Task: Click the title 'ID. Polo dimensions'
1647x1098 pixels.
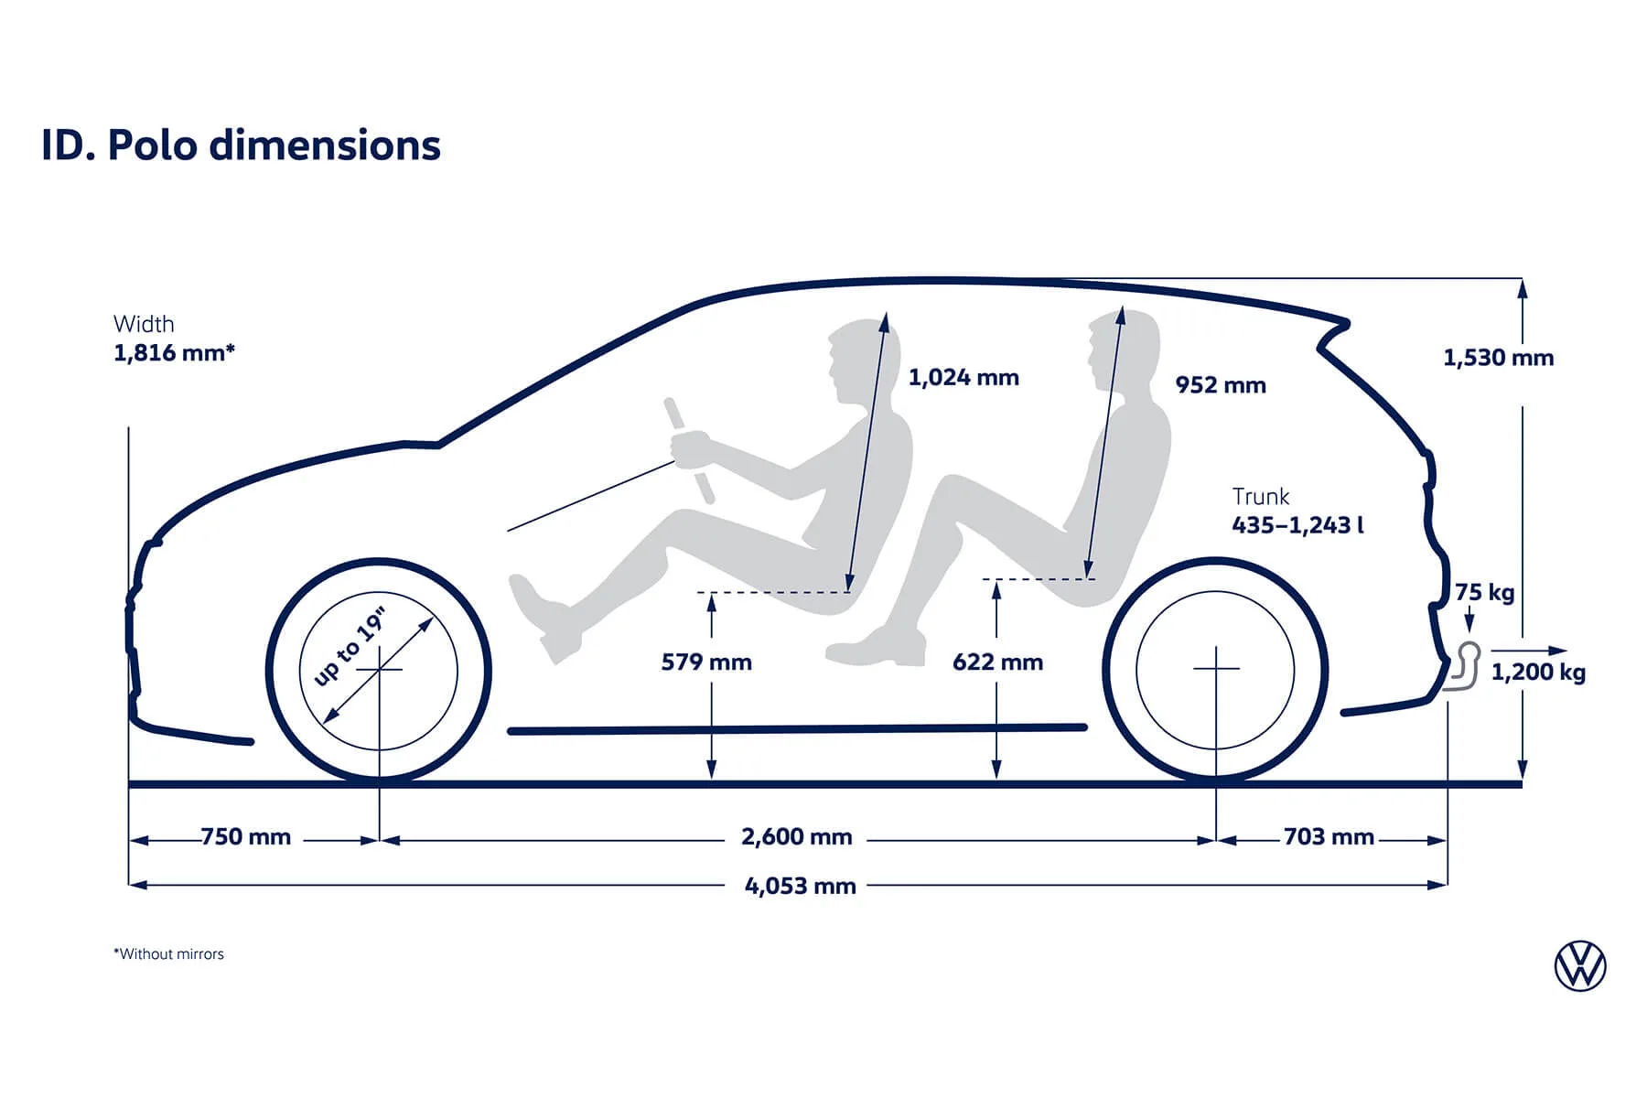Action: coord(241,145)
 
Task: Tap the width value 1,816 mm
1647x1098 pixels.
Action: coord(174,353)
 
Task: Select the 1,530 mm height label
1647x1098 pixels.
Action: coord(1498,358)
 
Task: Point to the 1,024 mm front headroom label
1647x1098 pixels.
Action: coord(963,378)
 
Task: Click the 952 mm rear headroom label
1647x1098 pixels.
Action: coord(1221,385)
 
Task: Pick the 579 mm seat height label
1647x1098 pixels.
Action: coord(706,662)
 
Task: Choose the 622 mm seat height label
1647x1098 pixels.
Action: coord(997,662)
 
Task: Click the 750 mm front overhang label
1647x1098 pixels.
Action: coord(245,837)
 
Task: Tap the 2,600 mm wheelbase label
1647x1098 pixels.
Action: coord(796,837)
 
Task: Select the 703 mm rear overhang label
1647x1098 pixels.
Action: coord(1329,837)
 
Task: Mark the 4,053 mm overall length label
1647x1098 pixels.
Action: coord(800,887)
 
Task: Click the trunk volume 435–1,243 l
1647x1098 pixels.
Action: coord(1297,525)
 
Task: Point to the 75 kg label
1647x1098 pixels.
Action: coord(1484,593)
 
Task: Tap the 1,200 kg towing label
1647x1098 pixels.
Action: coord(1538,673)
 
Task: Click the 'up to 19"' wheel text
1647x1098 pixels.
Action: coord(350,646)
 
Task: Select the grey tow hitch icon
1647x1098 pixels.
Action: coord(1464,668)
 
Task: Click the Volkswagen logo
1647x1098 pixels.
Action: coord(1580,966)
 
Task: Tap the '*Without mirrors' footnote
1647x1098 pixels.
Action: coord(168,954)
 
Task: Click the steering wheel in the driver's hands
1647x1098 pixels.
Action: coord(689,450)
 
